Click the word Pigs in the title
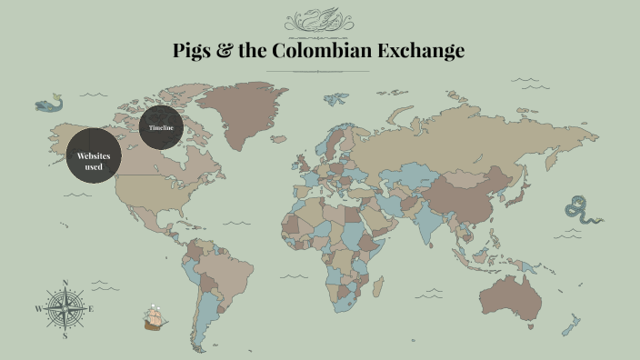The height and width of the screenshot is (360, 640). [193, 51]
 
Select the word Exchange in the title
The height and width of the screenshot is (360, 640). [421, 51]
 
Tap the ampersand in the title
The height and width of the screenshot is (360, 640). [226, 51]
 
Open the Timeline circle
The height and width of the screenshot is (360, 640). [162, 128]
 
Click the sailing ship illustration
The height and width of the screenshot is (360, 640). [155, 318]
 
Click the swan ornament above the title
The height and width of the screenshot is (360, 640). [319, 21]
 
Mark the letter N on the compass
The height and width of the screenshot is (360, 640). [65, 283]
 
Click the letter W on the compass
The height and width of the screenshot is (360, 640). [38, 309]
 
